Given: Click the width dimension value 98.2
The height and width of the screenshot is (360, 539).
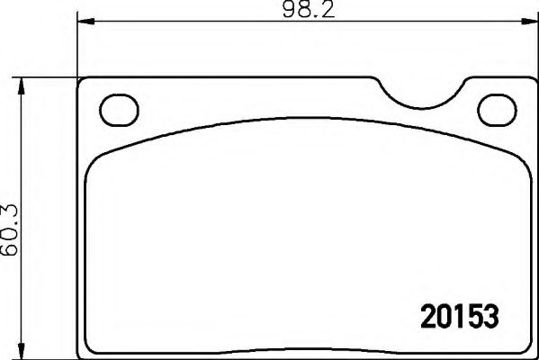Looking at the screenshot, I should tap(302, 11).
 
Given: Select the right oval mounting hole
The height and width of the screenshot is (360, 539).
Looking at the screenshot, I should tap(494, 110).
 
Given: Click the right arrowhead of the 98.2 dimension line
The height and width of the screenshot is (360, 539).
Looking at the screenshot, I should tap(525, 23).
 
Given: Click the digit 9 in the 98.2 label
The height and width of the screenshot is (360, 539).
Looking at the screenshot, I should tap(284, 11).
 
